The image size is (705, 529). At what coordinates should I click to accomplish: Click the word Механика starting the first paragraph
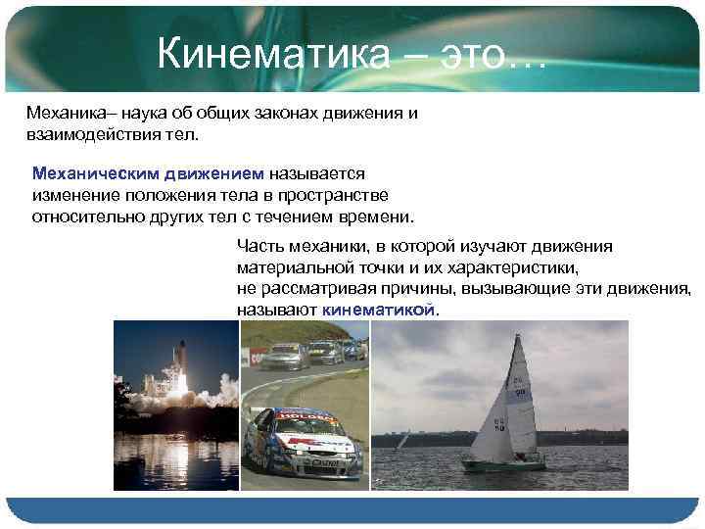[x=60, y=113]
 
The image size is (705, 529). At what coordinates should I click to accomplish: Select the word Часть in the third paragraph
[x=258, y=245]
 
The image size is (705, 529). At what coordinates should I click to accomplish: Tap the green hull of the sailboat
[x=503, y=465]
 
